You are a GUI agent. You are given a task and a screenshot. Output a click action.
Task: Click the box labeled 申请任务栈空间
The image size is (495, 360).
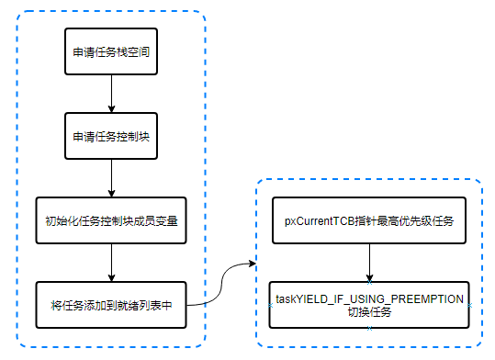(x=111, y=52)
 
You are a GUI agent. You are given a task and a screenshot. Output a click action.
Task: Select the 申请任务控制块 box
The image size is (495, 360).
(x=111, y=137)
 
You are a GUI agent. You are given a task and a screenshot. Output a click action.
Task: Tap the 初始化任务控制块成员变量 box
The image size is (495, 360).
(x=111, y=221)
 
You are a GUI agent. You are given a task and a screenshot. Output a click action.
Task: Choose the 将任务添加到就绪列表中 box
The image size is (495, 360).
(x=111, y=305)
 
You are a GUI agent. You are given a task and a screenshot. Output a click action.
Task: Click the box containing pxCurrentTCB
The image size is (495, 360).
(x=369, y=221)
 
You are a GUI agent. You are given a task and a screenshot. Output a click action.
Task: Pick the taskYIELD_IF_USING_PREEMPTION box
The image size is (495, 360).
(x=369, y=305)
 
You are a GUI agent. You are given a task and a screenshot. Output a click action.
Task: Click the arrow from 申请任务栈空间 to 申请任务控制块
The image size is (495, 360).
(x=111, y=95)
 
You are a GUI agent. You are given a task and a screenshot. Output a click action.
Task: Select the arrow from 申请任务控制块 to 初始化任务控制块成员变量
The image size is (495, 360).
(x=111, y=179)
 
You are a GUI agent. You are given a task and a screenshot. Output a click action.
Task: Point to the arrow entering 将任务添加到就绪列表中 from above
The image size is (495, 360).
(x=111, y=264)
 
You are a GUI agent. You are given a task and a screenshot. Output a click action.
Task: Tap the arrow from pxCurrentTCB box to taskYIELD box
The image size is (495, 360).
(x=369, y=264)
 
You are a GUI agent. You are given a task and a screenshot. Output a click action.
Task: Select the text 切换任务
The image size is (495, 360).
(x=369, y=312)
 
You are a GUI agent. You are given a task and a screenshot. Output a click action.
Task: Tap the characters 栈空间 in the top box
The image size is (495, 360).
(x=133, y=52)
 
